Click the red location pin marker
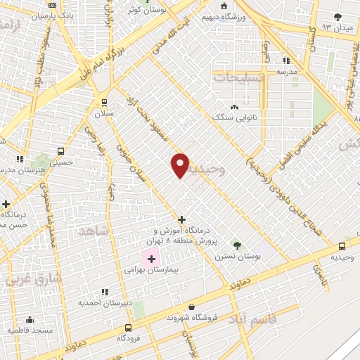tap(181, 165)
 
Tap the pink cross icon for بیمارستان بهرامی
tap(151, 259)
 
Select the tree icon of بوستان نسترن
tap(237, 246)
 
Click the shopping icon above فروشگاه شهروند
tap(192, 307)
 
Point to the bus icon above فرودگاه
tap(128, 328)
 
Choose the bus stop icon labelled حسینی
tap(61, 150)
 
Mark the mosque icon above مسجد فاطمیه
tap(30, 319)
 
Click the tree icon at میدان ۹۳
tap(338, 17)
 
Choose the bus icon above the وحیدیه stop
tap(342, 246)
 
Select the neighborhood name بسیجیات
tap(239, 77)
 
